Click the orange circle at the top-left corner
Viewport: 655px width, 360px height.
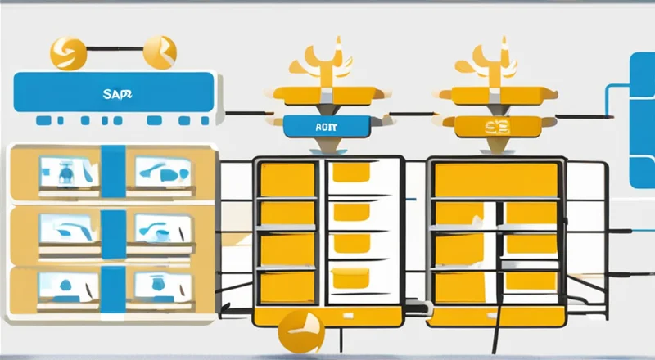(x=67, y=53)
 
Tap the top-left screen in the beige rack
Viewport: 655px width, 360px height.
(x=68, y=172)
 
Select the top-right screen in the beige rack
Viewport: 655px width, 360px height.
(x=162, y=171)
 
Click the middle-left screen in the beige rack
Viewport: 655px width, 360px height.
(x=68, y=227)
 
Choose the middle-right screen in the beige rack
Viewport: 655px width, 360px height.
(x=162, y=227)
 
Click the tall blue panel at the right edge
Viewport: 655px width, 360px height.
(x=642, y=119)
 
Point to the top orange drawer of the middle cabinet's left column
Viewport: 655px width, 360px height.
(x=287, y=179)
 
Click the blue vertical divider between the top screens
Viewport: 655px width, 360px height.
(x=113, y=172)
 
